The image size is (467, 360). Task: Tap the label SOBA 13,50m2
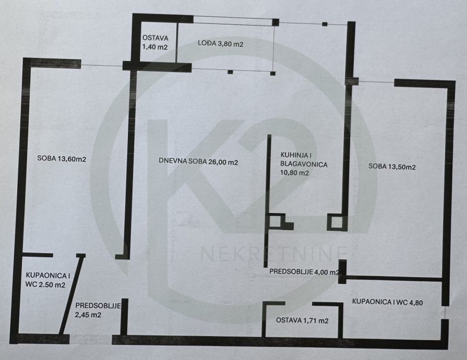(x=391, y=167)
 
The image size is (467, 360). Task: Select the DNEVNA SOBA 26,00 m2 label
(x=198, y=162)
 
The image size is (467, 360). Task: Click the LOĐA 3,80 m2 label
(x=220, y=44)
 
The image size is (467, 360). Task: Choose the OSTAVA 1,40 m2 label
(x=155, y=42)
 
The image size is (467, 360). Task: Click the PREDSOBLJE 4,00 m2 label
(x=304, y=272)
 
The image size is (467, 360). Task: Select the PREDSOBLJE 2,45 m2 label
(x=98, y=310)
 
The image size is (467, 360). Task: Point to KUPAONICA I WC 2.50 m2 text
(x=45, y=280)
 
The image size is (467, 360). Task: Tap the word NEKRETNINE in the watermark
(x=274, y=254)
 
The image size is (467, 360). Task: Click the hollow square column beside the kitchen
(x=336, y=223)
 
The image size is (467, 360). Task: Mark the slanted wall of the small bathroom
(x=70, y=295)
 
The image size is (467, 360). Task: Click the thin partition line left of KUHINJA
(x=267, y=177)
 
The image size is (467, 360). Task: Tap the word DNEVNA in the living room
(x=172, y=162)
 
